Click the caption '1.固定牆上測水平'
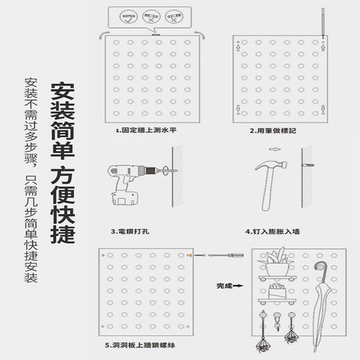click(x=146, y=129)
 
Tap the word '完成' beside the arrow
click(x=224, y=285)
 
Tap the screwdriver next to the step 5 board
click(x=213, y=256)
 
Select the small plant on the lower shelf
click(x=280, y=291)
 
